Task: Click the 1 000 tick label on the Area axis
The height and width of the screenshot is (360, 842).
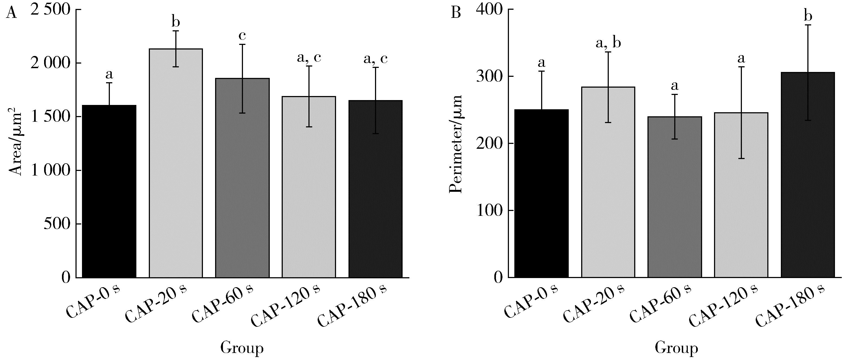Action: [50, 170]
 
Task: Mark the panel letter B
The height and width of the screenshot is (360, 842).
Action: [456, 13]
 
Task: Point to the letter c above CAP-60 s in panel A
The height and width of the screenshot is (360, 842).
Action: [242, 36]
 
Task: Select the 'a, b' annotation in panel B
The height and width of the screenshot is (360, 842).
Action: [608, 43]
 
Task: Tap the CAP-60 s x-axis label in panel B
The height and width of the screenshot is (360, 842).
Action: [660, 302]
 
